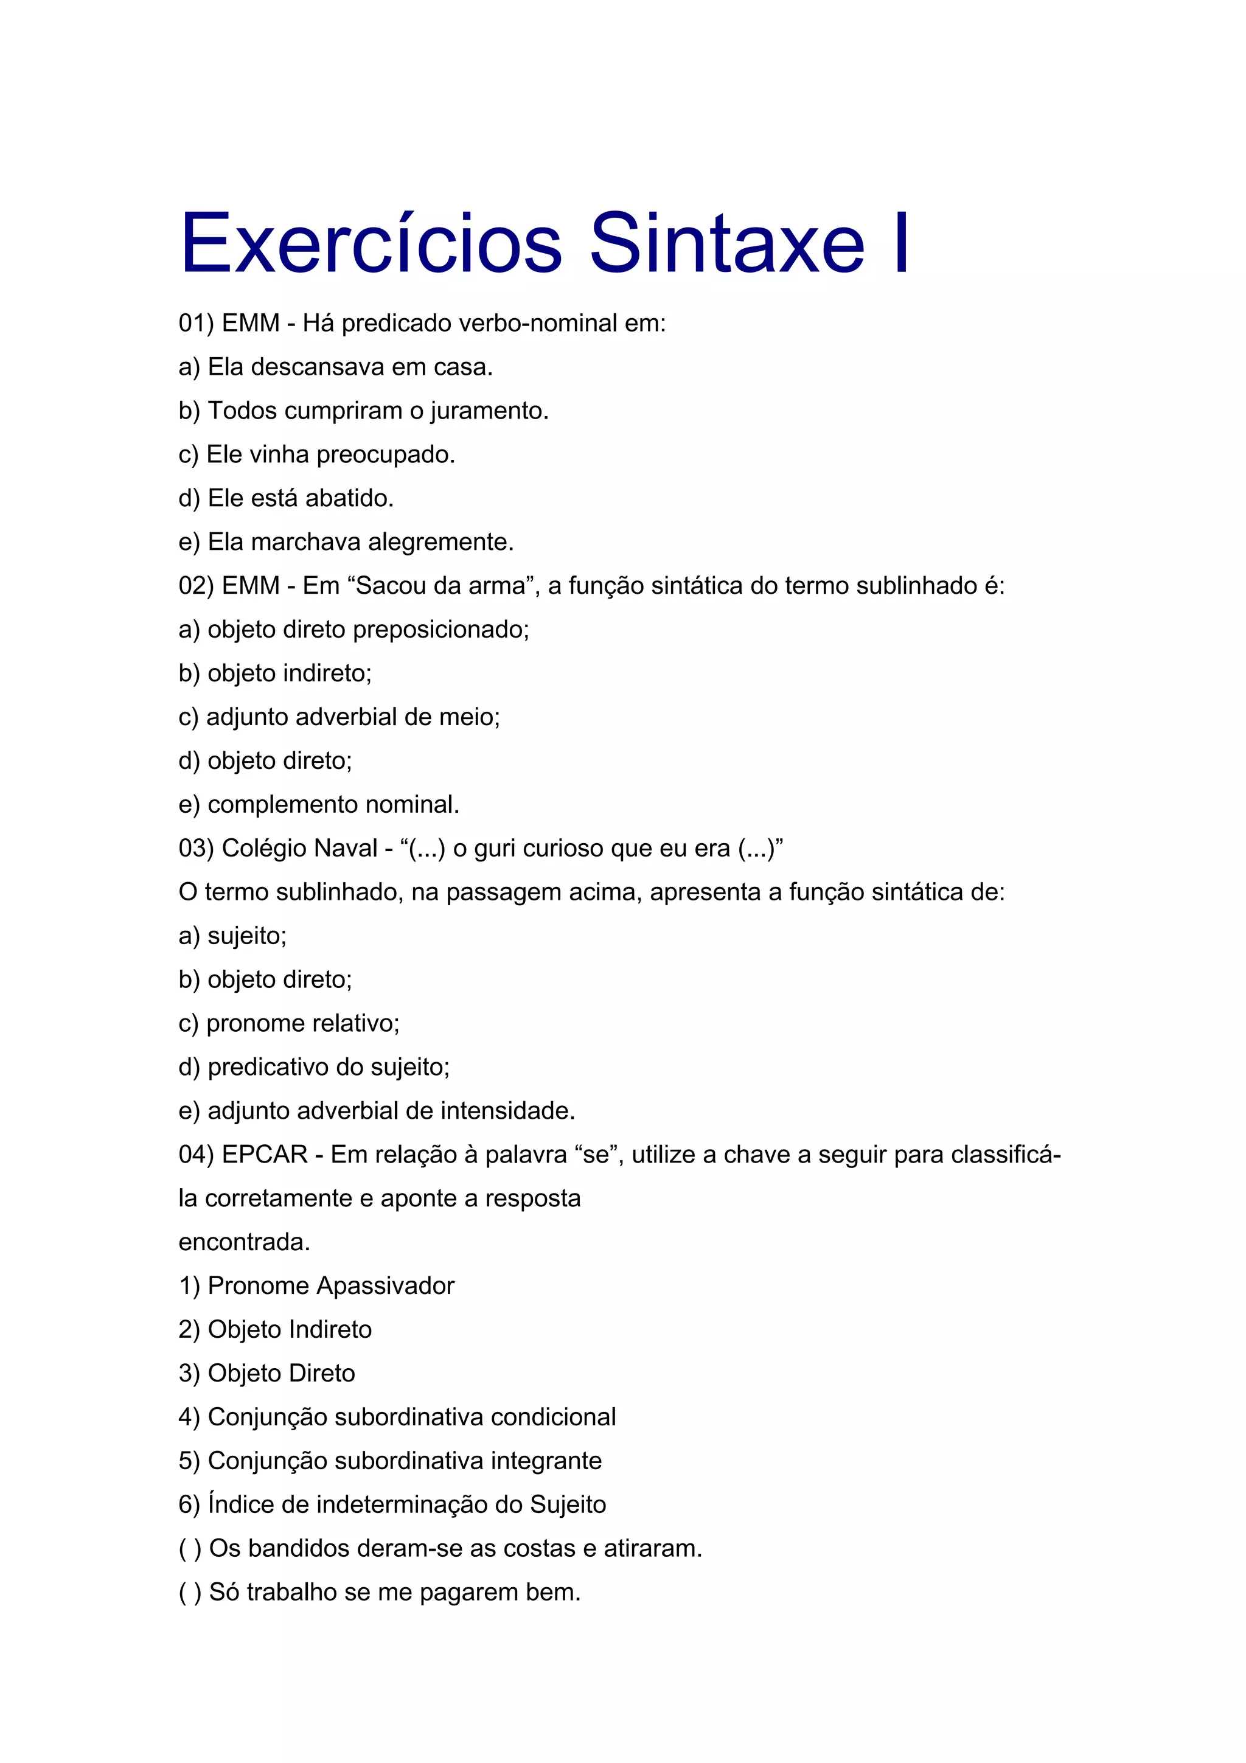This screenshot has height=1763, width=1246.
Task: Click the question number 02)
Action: click(196, 586)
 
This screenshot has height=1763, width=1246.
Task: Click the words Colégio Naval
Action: click(299, 849)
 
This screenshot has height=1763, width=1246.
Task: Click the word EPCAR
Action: click(264, 1155)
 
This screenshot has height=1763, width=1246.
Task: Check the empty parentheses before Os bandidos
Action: click(190, 1549)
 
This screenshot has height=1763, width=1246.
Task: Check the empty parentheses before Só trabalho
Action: click(190, 1593)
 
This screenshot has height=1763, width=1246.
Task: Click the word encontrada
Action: click(244, 1242)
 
